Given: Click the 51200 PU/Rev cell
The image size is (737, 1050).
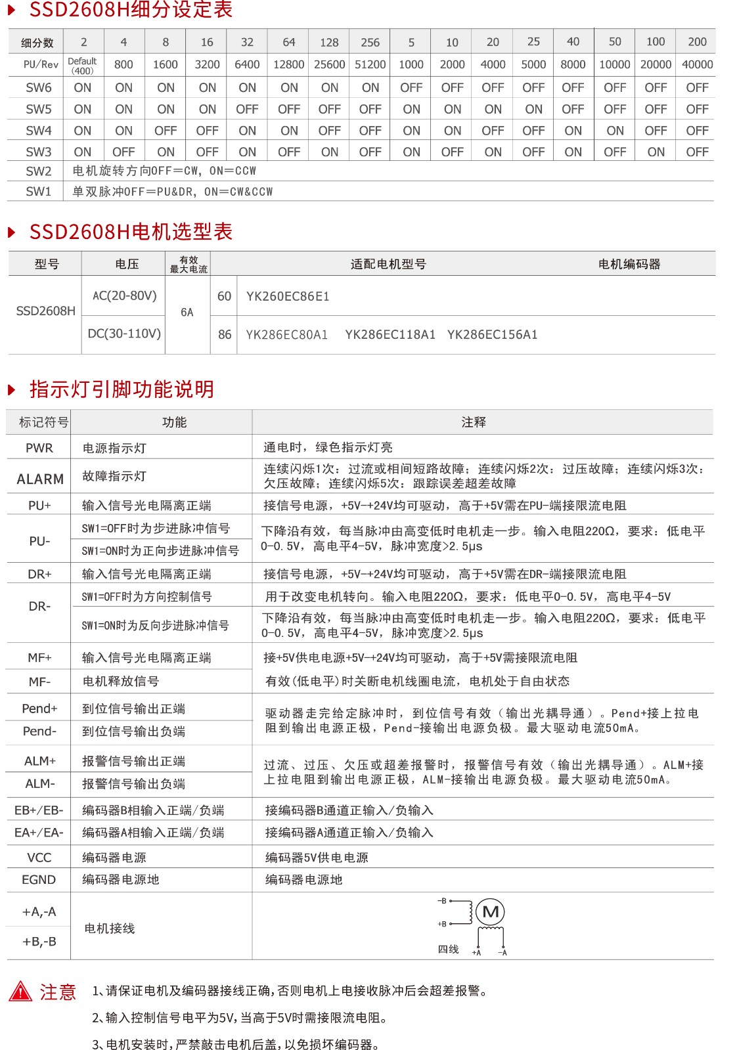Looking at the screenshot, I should pos(370,64).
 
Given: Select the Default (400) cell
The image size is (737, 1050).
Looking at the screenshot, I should pos(83,65).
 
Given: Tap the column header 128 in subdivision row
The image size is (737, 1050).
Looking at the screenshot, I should pos(329,42).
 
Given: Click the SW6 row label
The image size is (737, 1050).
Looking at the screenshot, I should pos(39,87).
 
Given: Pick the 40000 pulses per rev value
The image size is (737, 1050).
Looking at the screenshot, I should pos(697,64).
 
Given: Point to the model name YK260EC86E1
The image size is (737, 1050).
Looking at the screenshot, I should pos(288,296).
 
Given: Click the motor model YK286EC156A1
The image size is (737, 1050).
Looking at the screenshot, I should pos(492,334).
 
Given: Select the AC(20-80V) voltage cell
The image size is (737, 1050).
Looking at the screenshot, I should pos(124,295).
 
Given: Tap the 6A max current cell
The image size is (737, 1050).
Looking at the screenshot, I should pos(187,313).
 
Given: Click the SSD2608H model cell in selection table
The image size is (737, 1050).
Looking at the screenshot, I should pos(45,311).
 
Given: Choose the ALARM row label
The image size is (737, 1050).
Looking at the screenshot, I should pos(40,479).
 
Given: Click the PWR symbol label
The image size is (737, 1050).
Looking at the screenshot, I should pos(39,448).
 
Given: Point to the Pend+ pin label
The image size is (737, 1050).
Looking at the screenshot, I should pos(39,709).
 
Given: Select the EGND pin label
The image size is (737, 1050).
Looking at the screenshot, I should pos(39,879).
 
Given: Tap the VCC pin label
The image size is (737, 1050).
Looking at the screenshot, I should pos(39,858).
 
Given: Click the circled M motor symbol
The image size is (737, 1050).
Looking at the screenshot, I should pos(491,911).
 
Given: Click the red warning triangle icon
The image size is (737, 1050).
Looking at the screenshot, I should pos(20,991).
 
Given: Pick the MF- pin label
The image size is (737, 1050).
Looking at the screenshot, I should pos(39,682).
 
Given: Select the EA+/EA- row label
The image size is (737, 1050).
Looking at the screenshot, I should pos(39,833).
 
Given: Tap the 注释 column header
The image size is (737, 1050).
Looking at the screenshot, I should pos(474,422).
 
